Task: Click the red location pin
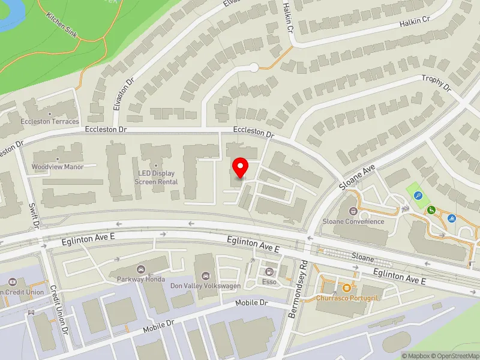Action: tap(240, 167)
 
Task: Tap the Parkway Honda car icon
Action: tap(141, 269)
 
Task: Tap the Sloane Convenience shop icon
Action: tap(353, 211)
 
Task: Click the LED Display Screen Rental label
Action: tap(155, 177)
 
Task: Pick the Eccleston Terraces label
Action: tap(51, 121)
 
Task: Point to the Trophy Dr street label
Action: tap(436, 82)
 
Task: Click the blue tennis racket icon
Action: tap(418, 196)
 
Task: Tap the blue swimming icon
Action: tap(451, 218)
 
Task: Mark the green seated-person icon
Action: tap(431, 209)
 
